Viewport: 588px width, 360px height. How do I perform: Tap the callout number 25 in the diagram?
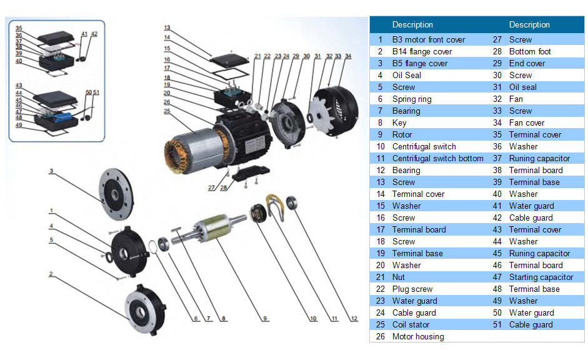pyautogui.click(x=167, y=111)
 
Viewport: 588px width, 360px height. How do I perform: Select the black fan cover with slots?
pyautogui.click(x=334, y=110)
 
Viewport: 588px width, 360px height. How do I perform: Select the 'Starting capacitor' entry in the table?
pyautogui.click(x=541, y=277)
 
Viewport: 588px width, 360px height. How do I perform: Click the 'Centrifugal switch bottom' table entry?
pyautogui.click(x=437, y=158)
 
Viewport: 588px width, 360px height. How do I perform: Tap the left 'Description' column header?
pyautogui.click(x=412, y=25)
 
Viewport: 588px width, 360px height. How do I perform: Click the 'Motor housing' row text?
pyautogui.click(x=417, y=336)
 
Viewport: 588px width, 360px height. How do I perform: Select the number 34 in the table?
pyautogui.click(x=497, y=122)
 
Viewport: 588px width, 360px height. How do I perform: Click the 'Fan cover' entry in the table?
pyautogui.click(x=526, y=122)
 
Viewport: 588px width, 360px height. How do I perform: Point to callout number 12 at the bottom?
pyautogui.click(x=354, y=319)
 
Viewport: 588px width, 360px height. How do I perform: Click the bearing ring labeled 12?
pyautogui.click(x=293, y=203)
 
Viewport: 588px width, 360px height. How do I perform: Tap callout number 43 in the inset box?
pyautogui.click(x=19, y=85)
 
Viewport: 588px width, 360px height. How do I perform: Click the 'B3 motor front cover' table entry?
pyautogui.click(x=428, y=39)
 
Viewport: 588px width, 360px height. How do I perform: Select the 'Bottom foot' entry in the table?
pyautogui.click(x=530, y=51)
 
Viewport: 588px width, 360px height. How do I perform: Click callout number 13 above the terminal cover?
pyautogui.click(x=167, y=28)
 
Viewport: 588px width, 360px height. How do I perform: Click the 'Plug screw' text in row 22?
pyautogui.click(x=412, y=289)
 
